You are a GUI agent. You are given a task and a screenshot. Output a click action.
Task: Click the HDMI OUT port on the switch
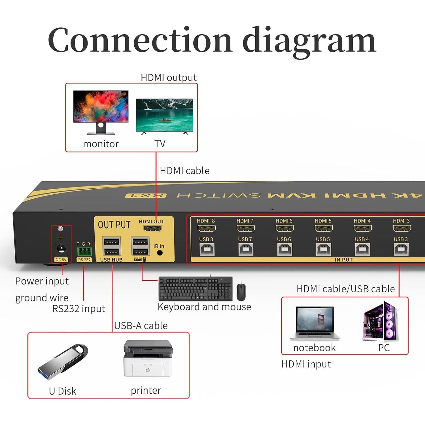point(153,228)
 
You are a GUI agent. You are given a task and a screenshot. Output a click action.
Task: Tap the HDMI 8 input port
point(206,228)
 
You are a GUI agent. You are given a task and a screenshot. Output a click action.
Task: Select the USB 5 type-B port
point(324,250)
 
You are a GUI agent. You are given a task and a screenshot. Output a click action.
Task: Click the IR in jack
point(160,252)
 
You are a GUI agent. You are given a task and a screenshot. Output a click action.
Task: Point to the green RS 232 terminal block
point(84,251)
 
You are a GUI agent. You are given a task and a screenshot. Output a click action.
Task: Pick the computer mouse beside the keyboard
point(241,292)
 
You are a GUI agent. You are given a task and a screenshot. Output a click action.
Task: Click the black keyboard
point(195,288)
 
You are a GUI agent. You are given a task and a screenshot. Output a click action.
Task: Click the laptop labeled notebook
point(314,323)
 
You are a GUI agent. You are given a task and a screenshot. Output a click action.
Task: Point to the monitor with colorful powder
point(101,112)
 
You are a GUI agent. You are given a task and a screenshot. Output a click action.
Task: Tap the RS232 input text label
point(78,309)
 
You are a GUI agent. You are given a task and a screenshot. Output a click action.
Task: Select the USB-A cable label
point(141,326)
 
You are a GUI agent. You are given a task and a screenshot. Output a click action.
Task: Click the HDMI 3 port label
point(401,221)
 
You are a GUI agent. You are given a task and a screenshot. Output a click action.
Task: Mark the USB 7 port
point(245,250)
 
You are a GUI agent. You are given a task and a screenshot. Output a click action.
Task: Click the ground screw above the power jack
point(60,228)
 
